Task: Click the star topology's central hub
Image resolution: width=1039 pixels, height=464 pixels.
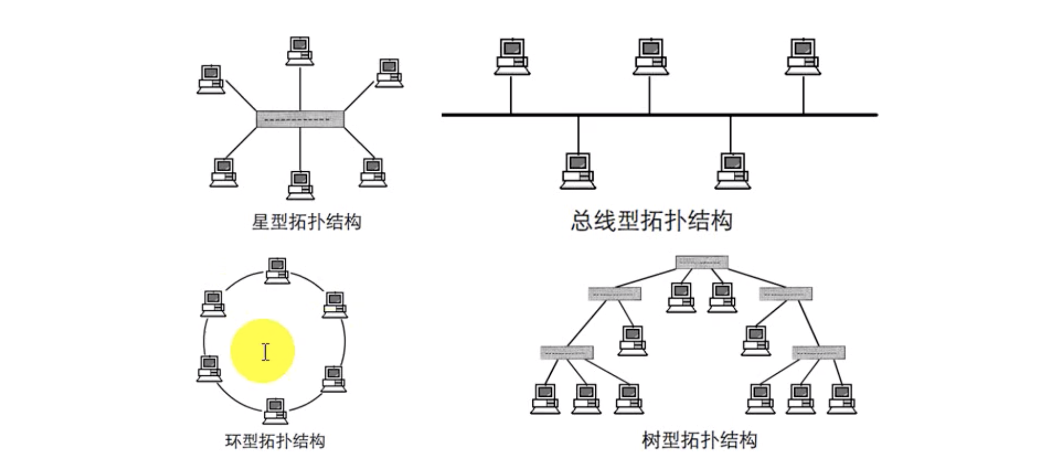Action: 300,119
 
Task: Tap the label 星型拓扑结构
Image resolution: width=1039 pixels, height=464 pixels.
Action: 306,221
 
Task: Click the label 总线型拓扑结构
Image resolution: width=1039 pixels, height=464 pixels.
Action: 651,221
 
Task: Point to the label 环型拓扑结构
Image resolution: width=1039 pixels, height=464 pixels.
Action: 275,441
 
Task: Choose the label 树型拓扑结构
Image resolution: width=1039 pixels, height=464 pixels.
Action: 699,440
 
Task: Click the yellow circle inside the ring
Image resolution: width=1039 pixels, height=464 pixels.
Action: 262,351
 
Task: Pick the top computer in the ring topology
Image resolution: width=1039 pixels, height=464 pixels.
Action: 277,270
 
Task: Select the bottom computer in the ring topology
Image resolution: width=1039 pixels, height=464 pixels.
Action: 276,411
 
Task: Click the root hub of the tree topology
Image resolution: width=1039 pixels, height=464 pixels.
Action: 702,262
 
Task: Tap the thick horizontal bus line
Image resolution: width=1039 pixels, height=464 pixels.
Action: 659,114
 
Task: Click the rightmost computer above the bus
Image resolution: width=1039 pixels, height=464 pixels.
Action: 803,56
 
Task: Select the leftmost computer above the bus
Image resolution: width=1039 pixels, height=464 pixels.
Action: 512,56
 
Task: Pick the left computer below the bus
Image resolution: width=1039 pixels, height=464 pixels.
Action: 578,171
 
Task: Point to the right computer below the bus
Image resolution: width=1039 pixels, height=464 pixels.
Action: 732,171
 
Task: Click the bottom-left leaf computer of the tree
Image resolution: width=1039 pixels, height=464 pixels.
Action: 545,398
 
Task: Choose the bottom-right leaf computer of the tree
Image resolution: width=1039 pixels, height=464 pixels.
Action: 841,398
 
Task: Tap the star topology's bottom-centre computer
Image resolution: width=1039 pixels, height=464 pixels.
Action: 300,185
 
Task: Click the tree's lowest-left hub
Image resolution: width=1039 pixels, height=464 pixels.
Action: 567,352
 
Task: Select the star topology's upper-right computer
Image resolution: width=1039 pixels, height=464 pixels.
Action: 389,73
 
